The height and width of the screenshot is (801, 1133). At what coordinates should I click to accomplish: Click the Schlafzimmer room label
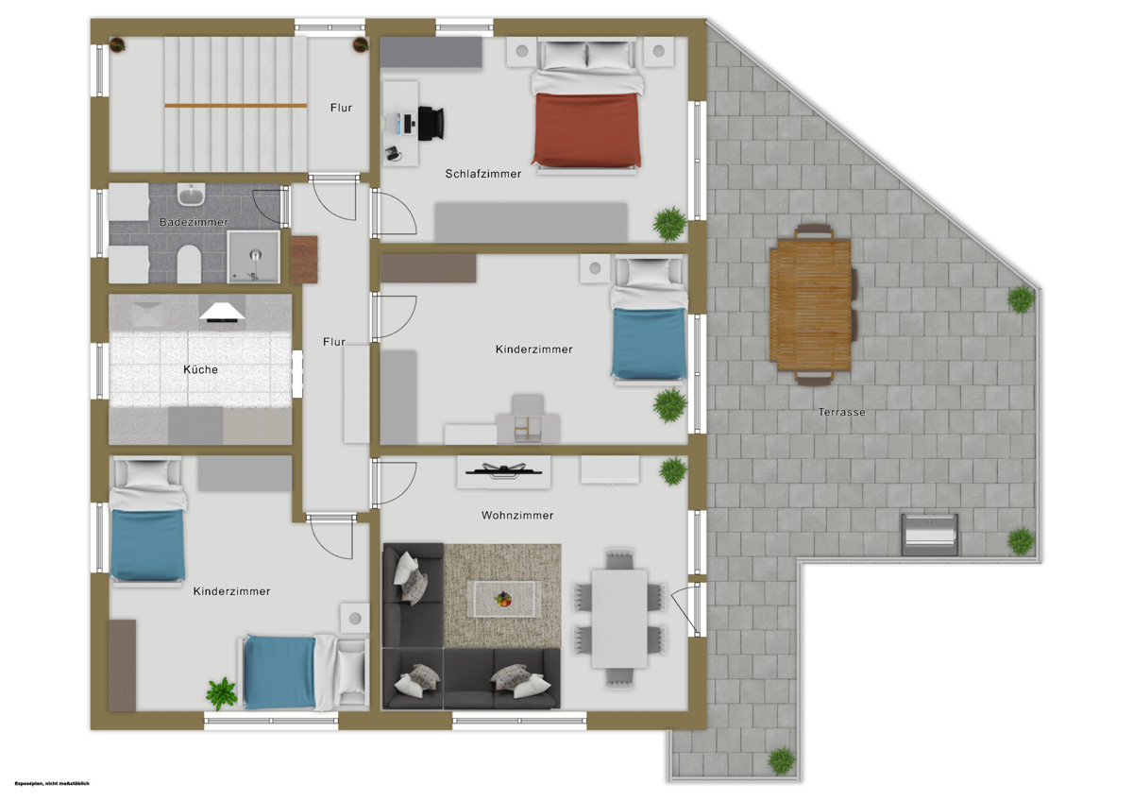(x=483, y=174)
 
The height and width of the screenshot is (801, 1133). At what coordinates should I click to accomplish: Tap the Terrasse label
(x=841, y=412)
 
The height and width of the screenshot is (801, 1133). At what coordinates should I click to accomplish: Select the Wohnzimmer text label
(x=517, y=515)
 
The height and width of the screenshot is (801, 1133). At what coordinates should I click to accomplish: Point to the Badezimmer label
(x=194, y=222)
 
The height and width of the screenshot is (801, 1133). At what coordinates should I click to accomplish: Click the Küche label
(x=201, y=369)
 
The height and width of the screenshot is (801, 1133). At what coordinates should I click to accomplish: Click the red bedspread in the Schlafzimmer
(x=586, y=129)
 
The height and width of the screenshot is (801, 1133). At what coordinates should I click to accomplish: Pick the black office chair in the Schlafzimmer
(x=431, y=123)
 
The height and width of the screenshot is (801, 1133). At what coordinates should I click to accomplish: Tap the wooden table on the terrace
(x=810, y=304)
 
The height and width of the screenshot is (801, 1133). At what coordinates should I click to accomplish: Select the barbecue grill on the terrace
(x=930, y=535)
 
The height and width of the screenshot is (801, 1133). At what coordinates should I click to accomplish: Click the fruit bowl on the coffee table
(x=503, y=599)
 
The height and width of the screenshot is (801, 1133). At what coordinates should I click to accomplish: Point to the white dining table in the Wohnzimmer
(x=619, y=619)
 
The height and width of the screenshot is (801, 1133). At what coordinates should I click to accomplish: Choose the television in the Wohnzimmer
(x=503, y=470)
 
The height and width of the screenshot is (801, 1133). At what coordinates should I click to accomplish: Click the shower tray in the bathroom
(x=253, y=257)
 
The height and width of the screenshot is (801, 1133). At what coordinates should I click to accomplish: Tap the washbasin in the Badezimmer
(x=191, y=195)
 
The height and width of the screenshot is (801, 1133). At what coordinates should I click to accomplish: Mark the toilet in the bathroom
(x=189, y=264)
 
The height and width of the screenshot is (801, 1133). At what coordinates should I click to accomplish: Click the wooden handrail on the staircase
(x=236, y=105)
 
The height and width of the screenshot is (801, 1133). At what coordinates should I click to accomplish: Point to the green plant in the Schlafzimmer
(x=670, y=223)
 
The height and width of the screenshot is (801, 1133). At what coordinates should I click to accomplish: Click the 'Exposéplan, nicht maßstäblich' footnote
(x=52, y=783)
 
